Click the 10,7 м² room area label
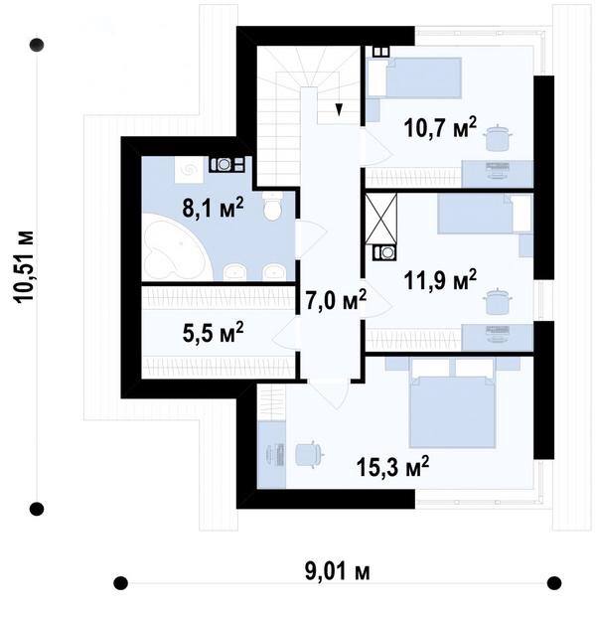pos(440,127)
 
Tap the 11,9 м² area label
pos(440,280)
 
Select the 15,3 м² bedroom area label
pos(392,467)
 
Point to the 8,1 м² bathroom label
pos(213,208)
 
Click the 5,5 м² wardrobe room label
pos(213,332)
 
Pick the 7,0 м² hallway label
pos(336,300)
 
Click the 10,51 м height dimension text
pos(24,266)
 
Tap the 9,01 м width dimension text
pos(338,571)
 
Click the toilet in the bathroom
pos(272,206)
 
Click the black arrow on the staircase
pos(339,109)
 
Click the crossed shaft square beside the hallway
pos(380,219)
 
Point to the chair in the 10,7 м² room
pos(498,138)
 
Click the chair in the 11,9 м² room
pos(498,301)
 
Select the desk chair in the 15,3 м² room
pos(310,454)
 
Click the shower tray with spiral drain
pos(189,170)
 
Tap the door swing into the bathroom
pos(312,239)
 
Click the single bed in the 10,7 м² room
pos(414,77)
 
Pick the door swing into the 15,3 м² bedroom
pos(328,394)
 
